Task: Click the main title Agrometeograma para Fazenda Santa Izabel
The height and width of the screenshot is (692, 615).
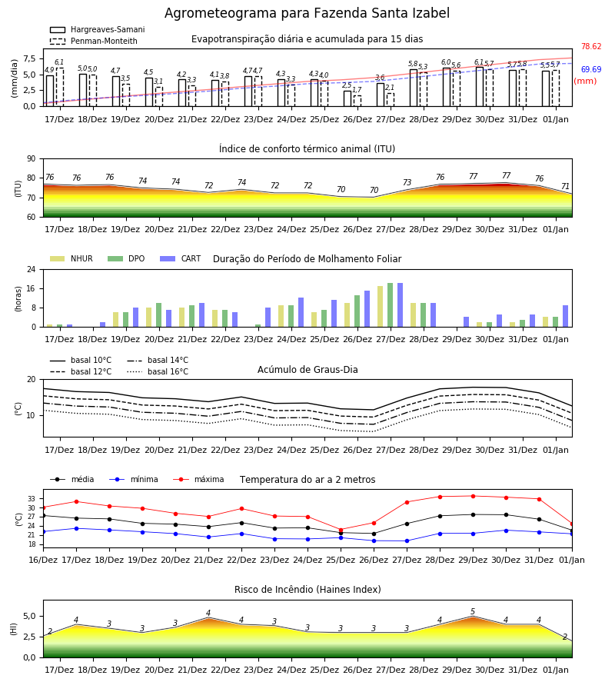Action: pos(307,13)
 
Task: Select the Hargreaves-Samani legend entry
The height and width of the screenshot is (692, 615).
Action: pos(97,29)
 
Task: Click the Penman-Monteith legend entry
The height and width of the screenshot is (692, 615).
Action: pos(94,41)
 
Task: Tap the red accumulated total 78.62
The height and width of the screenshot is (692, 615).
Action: pos(591,46)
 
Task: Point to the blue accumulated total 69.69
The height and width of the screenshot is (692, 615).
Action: pos(591,69)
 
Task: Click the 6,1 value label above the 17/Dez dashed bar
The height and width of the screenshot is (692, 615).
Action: pos(59,62)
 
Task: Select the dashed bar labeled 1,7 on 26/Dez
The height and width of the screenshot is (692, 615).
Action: pos(357,101)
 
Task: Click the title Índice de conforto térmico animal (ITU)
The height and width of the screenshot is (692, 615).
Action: pos(307,148)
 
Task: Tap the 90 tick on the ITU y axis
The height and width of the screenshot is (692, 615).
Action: pos(32,159)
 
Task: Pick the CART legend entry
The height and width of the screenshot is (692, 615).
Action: pos(181,258)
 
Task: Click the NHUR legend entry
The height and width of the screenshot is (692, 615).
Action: pos(71,258)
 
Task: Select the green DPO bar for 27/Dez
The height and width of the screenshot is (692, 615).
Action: pos(390,305)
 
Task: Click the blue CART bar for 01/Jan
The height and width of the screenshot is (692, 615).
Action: pos(566,316)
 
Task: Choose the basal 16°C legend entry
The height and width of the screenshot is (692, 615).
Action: pos(158,371)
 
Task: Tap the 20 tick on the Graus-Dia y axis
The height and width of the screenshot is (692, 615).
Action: pos(32,380)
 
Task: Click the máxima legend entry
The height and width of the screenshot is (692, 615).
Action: pos(198,479)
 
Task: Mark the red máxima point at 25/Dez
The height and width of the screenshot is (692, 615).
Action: pos(341,530)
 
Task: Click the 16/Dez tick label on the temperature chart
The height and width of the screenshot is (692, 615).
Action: pos(43,560)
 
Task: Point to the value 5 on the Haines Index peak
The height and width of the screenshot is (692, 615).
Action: pos(473,612)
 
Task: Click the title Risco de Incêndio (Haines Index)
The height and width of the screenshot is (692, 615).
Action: pos(307,590)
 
